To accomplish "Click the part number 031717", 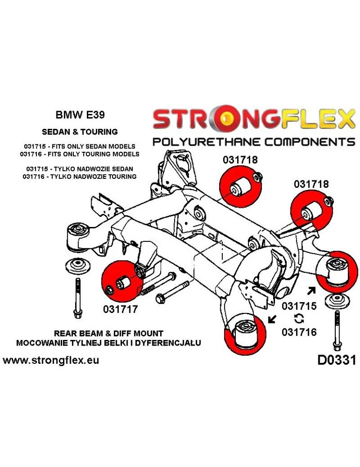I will [x=120, y=309].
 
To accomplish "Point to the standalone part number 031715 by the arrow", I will [x=299, y=306].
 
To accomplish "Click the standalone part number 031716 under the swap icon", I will [x=299, y=332].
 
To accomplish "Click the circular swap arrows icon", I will [x=299, y=319].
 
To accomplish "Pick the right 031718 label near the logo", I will [x=311, y=184].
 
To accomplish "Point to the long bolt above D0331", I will [x=336, y=329].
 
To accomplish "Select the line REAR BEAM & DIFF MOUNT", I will [x=109, y=333].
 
